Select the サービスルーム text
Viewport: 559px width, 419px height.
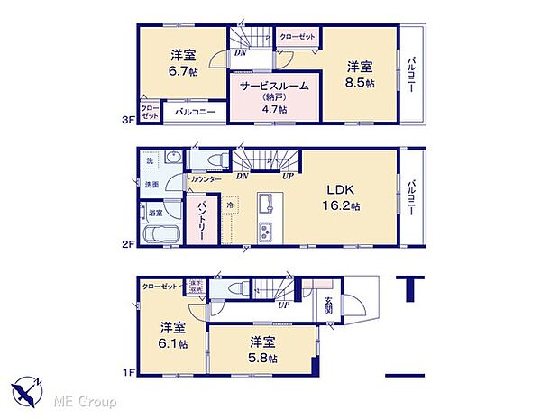coord(274,86)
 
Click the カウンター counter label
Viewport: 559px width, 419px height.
coord(206,179)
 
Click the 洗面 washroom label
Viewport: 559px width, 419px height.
coord(152,184)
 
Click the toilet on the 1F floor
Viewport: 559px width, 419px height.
coord(239,288)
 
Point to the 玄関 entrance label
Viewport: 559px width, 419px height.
coord(328,305)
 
